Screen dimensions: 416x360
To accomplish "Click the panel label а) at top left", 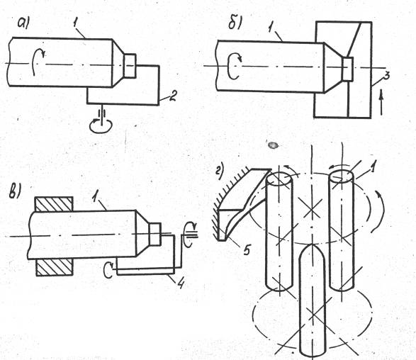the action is point(24,23).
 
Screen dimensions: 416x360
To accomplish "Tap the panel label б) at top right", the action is point(235,24).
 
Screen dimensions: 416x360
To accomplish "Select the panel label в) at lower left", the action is point(15,191).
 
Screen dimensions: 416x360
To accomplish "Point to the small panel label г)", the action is point(220,170).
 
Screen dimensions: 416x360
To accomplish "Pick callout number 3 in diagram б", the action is point(386,75).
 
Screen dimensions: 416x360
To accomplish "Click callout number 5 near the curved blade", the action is point(247,249).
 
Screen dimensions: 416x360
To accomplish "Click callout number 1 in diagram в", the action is point(95,197).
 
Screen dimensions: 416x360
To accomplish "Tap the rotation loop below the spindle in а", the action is point(101,125).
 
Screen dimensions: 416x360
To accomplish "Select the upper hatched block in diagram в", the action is point(55,204).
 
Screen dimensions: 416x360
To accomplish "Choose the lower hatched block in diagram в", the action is point(55,267).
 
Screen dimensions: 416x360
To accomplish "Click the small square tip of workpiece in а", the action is point(130,65).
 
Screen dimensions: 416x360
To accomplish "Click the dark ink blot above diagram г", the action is point(273,145).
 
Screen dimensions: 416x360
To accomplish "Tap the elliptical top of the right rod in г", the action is point(342,176).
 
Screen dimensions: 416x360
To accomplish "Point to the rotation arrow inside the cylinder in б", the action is point(235,66).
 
